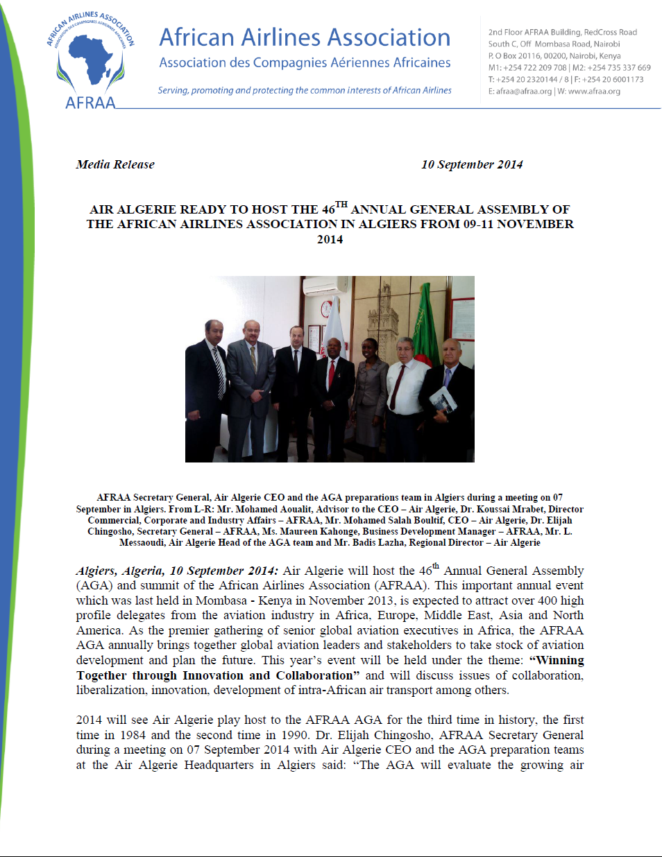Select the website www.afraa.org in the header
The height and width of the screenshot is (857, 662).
click(594, 92)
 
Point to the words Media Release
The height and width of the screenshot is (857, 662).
click(115, 164)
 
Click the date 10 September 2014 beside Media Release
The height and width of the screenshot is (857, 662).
click(472, 164)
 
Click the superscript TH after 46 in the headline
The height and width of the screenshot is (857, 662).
click(341, 205)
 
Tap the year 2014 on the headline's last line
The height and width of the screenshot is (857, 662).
click(330, 239)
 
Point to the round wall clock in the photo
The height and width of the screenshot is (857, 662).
click(326, 309)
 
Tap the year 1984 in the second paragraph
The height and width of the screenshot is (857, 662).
click(133, 735)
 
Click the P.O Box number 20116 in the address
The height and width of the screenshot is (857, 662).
click(529, 56)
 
